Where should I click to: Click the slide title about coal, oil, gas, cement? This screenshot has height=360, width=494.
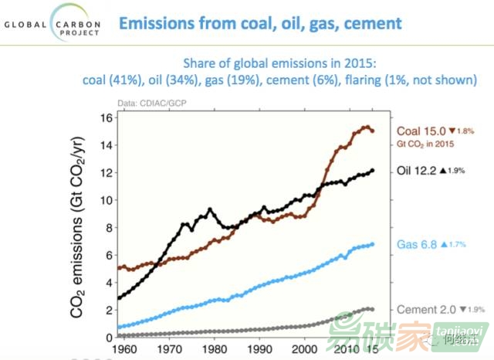pos(259,22)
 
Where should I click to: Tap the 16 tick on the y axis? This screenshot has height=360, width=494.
pos(109,118)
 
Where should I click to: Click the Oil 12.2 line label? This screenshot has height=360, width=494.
pos(418,171)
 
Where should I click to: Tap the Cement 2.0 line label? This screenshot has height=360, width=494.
pos(424,310)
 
